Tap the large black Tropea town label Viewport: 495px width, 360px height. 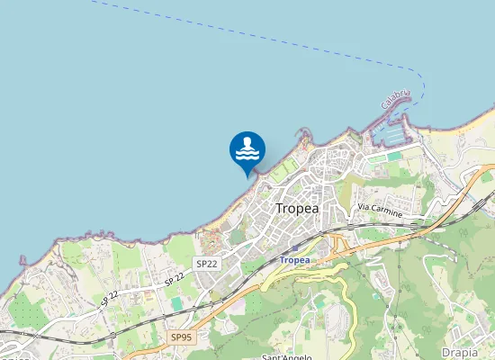(x=297, y=208)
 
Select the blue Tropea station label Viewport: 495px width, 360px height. (x=294, y=260)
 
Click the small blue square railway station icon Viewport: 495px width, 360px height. (x=294, y=247)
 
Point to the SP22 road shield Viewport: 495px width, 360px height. (x=206, y=264)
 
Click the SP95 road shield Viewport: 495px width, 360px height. (x=181, y=337)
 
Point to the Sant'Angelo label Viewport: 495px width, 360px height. (x=286, y=356)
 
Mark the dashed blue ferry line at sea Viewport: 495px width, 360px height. (x=270, y=36)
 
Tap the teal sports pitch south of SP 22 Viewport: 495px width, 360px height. (x=177, y=304)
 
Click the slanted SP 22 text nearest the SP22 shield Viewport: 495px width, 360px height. (x=175, y=280)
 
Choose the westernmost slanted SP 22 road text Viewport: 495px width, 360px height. (x=110, y=297)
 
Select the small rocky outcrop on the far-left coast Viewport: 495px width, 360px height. (x=22, y=260)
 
